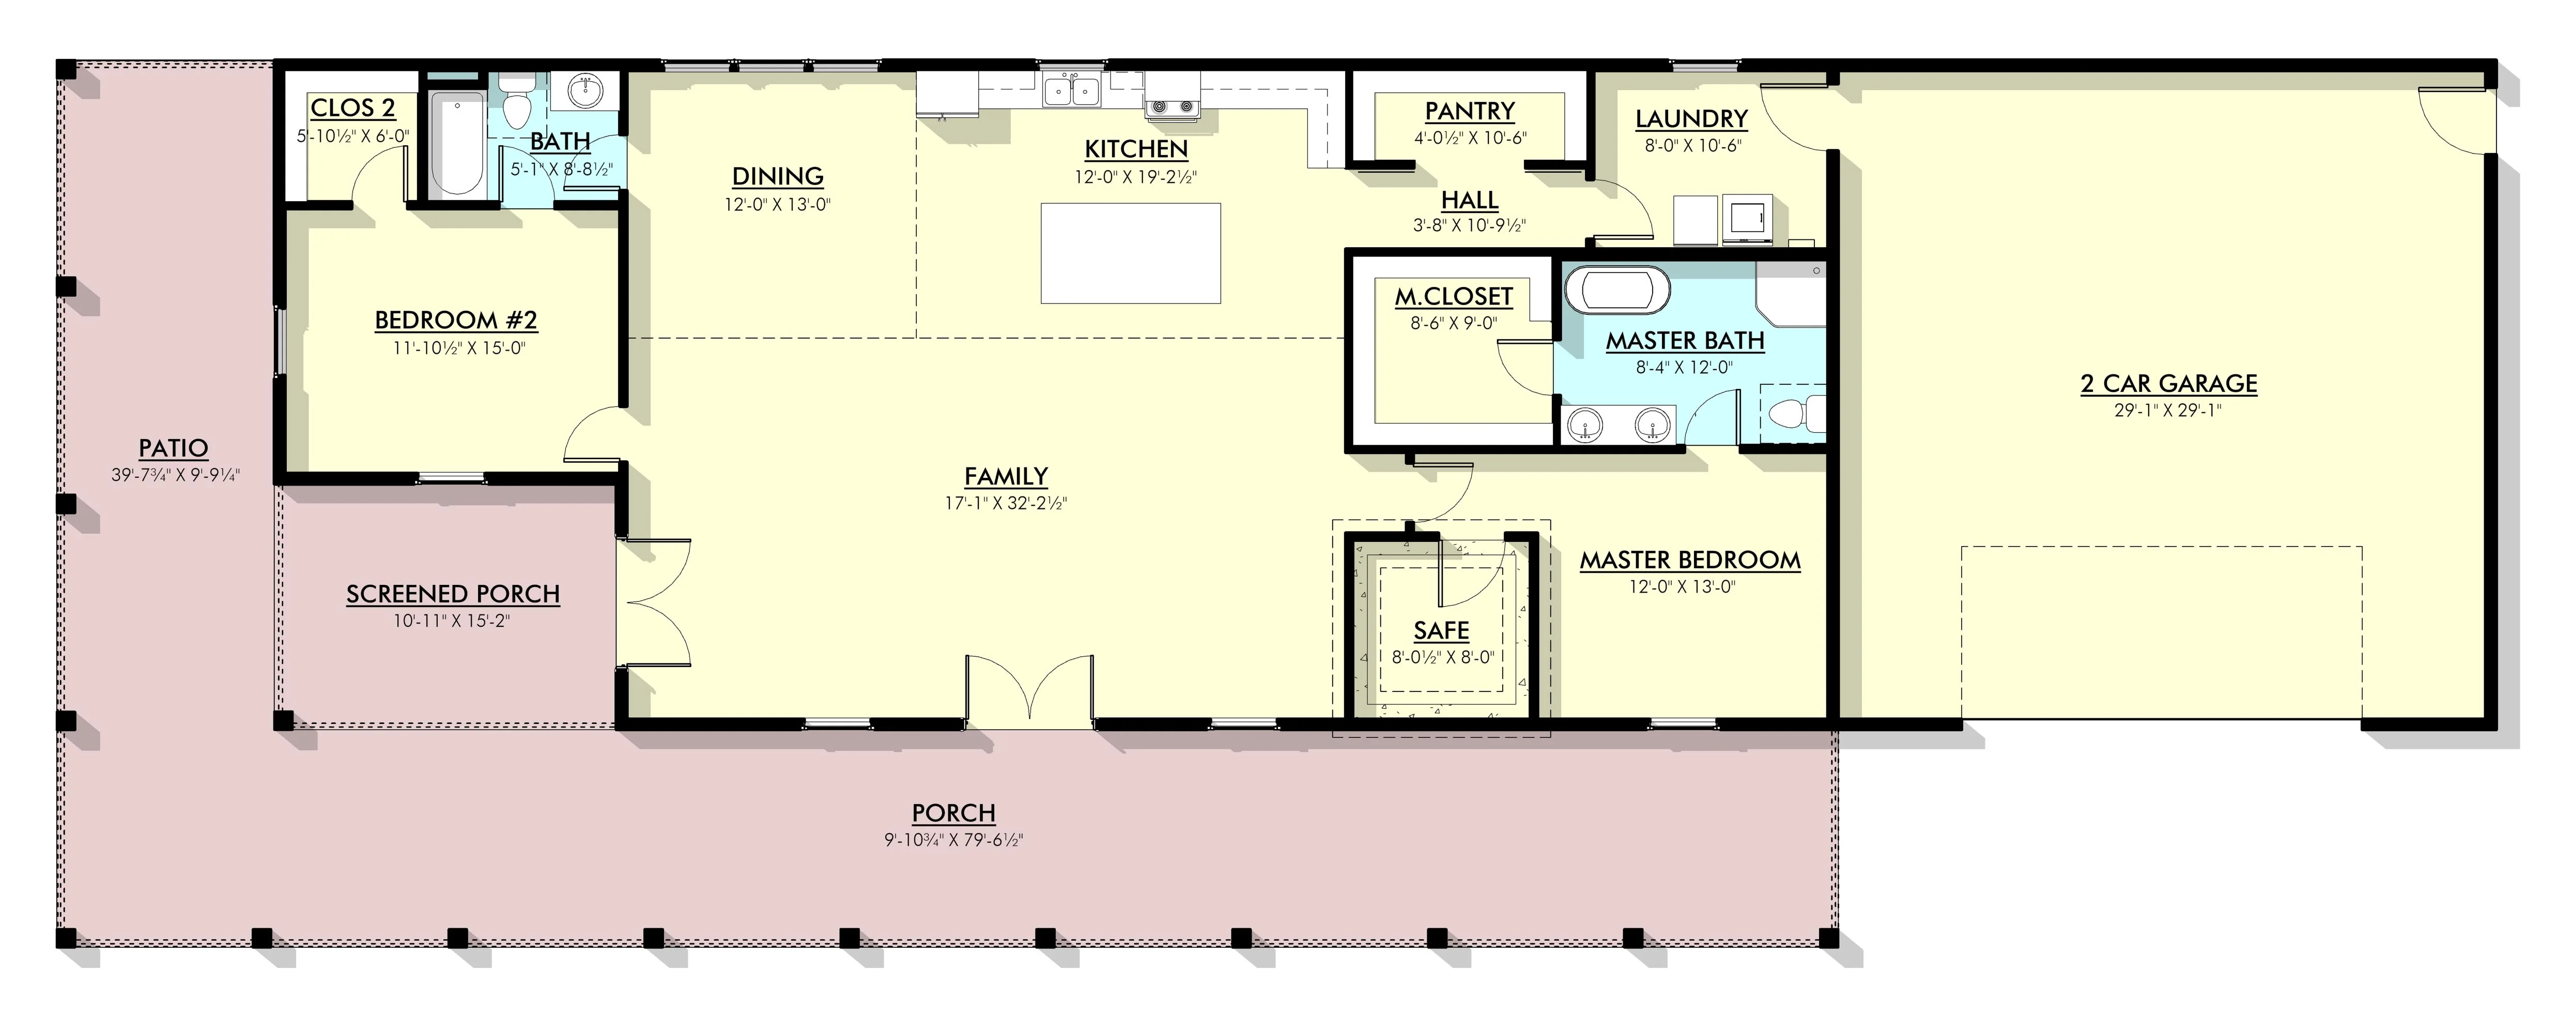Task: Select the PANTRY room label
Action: (x=1470, y=111)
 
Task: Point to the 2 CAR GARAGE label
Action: (x=2169, y=383)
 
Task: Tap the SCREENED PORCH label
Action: (x=453, y=594)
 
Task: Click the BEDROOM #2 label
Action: (x=456, y=321)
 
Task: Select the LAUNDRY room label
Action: (x=1691, y=119)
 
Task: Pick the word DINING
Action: (x=778, y=177)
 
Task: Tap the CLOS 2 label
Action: (x=352, y=108)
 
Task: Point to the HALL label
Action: (x=1470, y=200)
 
